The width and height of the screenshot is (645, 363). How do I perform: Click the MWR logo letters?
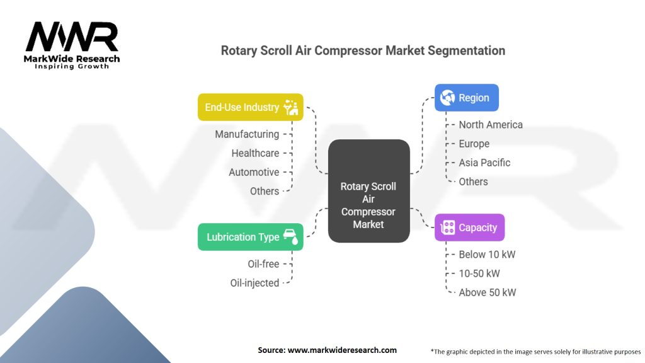72,37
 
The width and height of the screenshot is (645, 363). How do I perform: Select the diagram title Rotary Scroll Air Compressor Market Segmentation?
363,50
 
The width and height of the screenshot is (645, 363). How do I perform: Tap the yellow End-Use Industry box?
250,107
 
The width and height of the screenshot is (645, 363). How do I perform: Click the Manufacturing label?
246,134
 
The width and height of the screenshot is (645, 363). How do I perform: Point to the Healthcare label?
254,153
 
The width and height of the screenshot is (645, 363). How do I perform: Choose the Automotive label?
253,172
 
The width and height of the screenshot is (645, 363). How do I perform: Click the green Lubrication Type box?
250,237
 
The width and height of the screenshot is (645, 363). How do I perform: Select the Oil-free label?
263,264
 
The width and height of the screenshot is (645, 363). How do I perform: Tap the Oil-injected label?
254,283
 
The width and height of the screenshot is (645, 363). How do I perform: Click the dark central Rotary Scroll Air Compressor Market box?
368,191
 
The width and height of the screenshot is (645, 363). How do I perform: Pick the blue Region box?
466,98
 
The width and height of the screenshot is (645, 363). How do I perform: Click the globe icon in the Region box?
448,98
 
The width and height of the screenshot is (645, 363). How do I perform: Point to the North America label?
490,125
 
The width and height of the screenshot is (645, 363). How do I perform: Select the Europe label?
474,144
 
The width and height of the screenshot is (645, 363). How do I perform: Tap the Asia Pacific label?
484,163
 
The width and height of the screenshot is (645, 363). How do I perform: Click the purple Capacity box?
469,228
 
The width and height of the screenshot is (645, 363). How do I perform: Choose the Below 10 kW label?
487,255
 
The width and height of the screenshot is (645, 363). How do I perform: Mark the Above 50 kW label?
487,292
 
